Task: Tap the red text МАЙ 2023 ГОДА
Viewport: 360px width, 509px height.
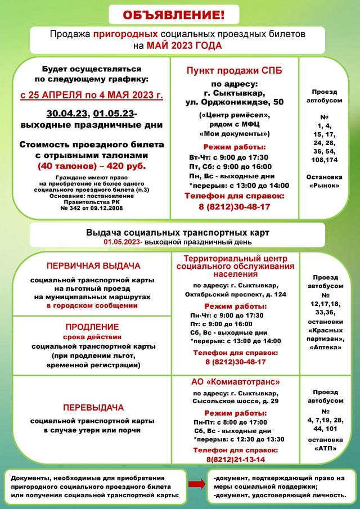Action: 184,46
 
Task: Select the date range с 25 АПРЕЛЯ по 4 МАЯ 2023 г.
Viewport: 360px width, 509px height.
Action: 92,95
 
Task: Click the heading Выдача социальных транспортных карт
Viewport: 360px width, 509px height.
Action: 178,232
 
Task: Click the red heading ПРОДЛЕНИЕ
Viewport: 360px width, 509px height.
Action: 92,327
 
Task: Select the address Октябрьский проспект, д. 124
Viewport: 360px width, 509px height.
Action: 239,295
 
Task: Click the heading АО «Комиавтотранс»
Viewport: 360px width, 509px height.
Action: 236,381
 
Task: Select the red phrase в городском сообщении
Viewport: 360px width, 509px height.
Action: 92,305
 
